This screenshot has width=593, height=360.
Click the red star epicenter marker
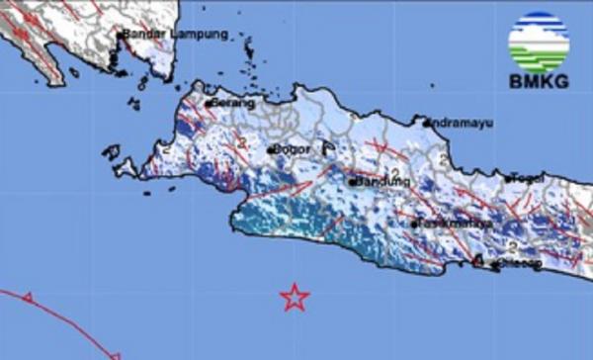[294, 297]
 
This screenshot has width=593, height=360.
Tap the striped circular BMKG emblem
[538, 42]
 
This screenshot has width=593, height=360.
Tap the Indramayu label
[464, 124]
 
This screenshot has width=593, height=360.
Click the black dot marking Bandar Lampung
[121, 36]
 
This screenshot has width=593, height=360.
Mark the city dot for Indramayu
[426, 124]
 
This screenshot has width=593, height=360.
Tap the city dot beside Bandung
[353, 182]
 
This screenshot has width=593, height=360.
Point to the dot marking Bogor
[270, 150]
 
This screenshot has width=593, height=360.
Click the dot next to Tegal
[507, 179]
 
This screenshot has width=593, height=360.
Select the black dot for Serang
[210, 102]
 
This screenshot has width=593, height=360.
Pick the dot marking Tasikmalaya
[414, 225]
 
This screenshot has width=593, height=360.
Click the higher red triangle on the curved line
[28, 297]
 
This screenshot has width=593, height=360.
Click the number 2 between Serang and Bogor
[240, 143]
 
